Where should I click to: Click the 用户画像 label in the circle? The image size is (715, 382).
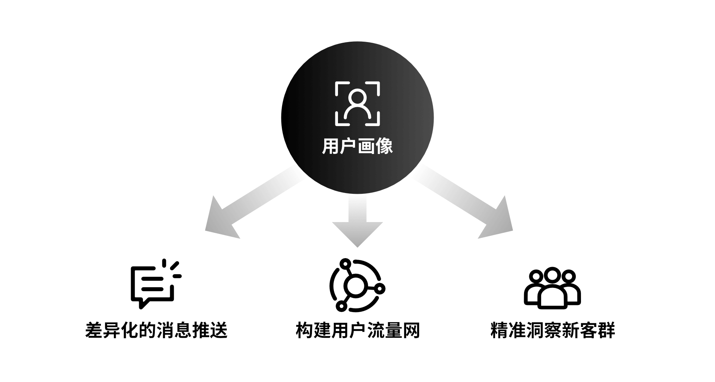[x=357, y=146]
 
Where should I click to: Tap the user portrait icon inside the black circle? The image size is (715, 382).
[x=357, y=103]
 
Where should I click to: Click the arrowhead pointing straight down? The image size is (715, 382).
[x=357, y=232]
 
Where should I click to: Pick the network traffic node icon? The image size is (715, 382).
[x=357, y=285]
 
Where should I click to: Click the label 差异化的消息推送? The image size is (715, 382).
[x=156, y=330]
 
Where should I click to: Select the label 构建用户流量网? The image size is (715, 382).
[x=358, y=330]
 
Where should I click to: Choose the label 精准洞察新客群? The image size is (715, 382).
[x=552, y=330]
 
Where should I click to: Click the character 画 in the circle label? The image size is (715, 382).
[x=366, y=146]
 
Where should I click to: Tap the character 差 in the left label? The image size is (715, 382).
[x=94, y=330]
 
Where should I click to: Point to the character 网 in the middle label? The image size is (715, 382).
[x=411, y=330]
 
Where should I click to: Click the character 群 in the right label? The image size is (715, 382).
[x=606, y=330]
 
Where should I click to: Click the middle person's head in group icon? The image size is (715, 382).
[x=552, y=276]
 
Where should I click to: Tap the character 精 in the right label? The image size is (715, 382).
[x=499, y=330]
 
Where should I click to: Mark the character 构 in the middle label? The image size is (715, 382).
[x=304, y=330]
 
